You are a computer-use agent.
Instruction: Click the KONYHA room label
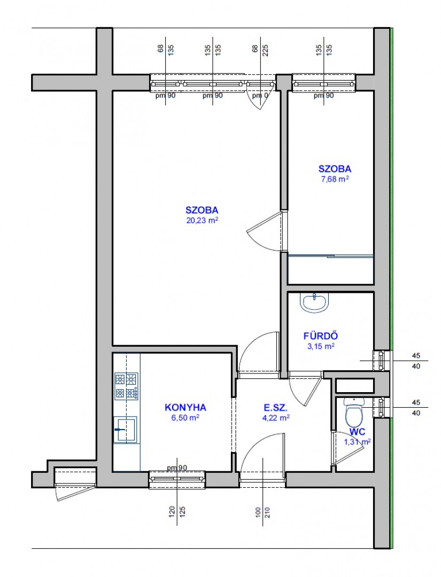tap(185, 407)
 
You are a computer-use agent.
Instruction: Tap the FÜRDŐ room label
tap(321, 336)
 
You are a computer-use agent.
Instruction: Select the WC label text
tap(357, 432)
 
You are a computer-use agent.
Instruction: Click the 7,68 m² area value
tap(335, 180)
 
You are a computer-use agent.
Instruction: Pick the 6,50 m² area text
tap(185, 417)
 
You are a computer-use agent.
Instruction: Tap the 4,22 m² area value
tap(276, 418)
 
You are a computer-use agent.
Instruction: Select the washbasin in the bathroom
tap(314, 303)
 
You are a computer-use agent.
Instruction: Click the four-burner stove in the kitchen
tap(127, 386)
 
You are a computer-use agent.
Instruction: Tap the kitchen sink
tap(125, 429)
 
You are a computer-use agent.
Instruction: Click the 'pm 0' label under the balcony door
tap(260, 96)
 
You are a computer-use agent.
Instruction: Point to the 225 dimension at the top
tap(266, 49)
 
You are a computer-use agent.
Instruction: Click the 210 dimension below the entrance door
tap(267, 512)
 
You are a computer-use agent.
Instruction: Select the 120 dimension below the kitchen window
tap(172, 512)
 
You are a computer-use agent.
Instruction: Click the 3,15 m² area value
tap(321, 346)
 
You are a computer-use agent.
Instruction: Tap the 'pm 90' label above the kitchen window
tap(177, 467)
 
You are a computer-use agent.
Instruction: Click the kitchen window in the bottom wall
tap(177, 480)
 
